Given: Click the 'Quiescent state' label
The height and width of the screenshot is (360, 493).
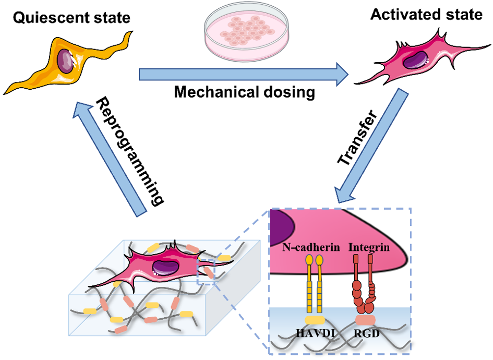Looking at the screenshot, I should click(x=71, y=18).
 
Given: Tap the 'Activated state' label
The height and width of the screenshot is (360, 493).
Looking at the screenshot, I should click(x=426, y=15).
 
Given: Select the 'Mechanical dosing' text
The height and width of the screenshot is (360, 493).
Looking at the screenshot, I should click(x=245, y=92).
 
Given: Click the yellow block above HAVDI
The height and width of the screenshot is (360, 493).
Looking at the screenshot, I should click(x=315, y=320).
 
